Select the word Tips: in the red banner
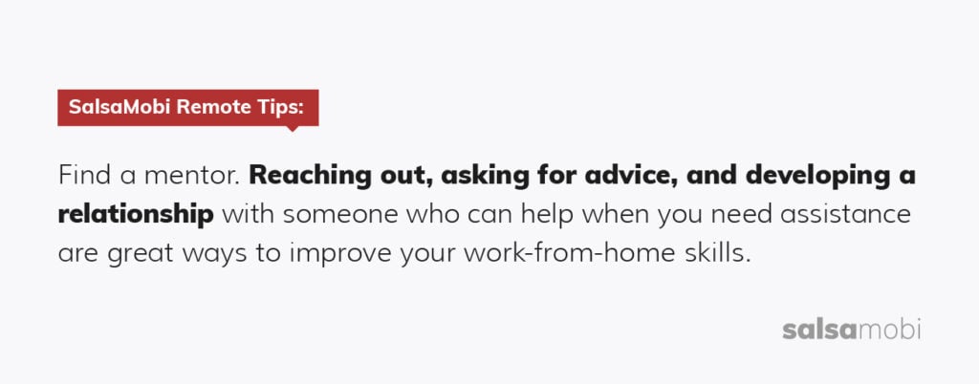280,108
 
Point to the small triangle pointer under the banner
292,129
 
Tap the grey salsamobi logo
851,330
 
